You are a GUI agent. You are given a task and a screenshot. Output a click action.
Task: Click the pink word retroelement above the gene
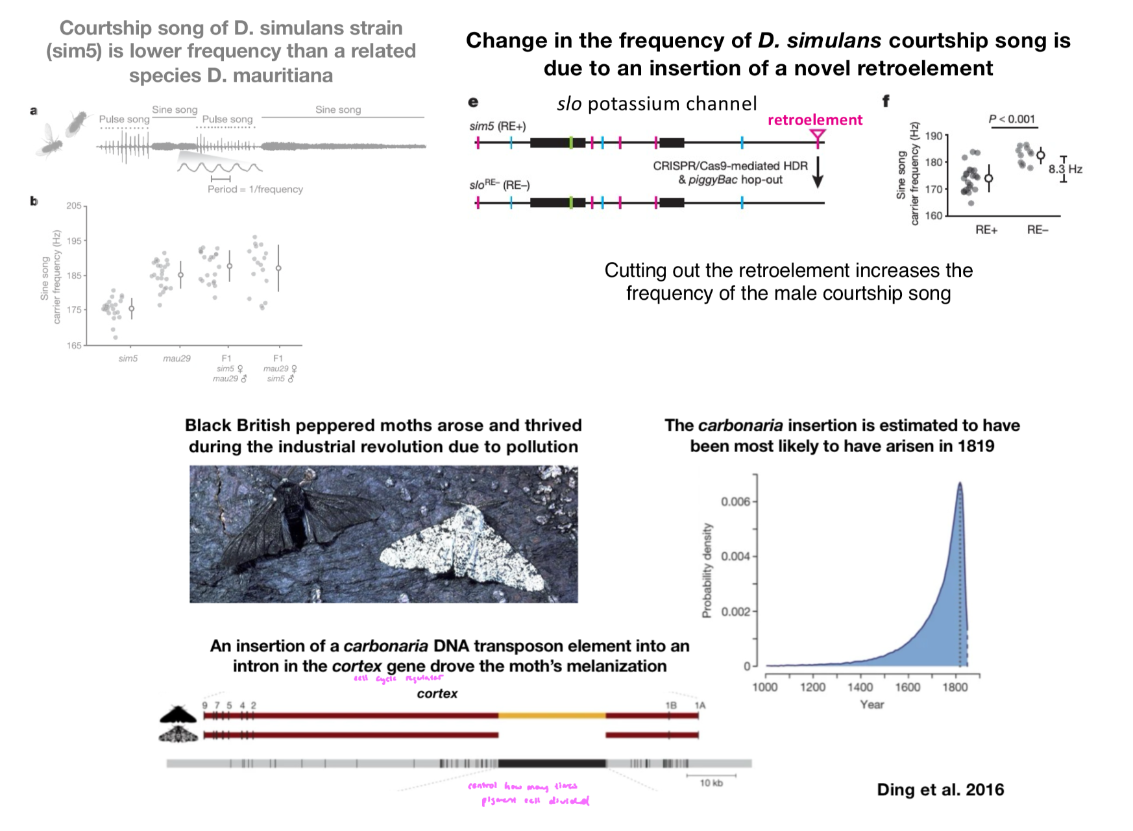(x=814, y=120)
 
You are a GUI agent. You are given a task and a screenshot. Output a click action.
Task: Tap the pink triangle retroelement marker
(x=818, y=135)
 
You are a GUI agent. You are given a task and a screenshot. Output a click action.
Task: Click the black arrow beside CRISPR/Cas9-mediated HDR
(x=818, y=173)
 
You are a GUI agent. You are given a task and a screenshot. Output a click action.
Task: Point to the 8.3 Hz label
(x=1065, y=169)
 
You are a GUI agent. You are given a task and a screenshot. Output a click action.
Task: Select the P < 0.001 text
(x=1012, y=119)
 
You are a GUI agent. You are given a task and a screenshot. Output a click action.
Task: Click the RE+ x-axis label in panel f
(x=986, y=230)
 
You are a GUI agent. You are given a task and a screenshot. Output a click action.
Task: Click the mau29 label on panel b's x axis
(x=177, y=358)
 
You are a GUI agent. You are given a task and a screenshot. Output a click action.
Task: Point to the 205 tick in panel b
(x=74, y=206)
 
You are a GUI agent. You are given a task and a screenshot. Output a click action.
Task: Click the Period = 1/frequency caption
(x=255, y=189)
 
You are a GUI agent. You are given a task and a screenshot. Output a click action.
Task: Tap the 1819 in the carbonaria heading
(x=975, y=446)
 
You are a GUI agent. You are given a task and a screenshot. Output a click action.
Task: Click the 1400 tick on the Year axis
(x=860, y=687)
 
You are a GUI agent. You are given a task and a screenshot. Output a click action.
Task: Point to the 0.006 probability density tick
(x=735, y=501)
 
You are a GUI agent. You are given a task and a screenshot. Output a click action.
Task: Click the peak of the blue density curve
(x=960, y=483)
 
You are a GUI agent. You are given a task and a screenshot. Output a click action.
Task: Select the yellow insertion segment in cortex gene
(x=552, y=716)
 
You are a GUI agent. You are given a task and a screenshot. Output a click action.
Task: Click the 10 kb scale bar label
(x=711, y=783)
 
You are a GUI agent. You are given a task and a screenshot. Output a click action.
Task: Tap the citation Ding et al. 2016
(x=940, y=789)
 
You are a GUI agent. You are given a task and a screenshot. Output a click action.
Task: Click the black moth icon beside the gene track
(x=178, y=715)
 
